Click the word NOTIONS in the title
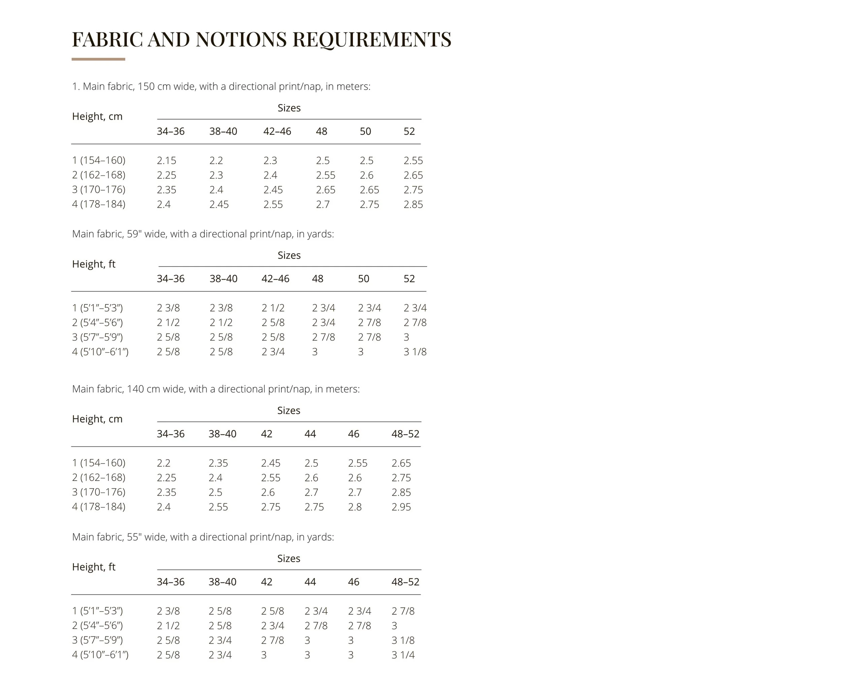241,39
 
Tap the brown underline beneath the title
98,59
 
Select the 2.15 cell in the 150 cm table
166,160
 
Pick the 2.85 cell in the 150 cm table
413,204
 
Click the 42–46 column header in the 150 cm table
277,131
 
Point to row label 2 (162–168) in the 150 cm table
98,175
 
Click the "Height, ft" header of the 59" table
94,264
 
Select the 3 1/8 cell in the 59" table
415,352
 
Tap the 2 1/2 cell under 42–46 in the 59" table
273,308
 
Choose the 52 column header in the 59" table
409,279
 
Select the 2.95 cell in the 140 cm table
401,507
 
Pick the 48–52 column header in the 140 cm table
405,434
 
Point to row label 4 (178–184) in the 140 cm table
98,507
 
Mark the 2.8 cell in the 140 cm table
355,507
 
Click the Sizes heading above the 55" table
289,558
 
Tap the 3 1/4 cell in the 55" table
403,655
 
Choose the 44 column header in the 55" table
310,582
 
